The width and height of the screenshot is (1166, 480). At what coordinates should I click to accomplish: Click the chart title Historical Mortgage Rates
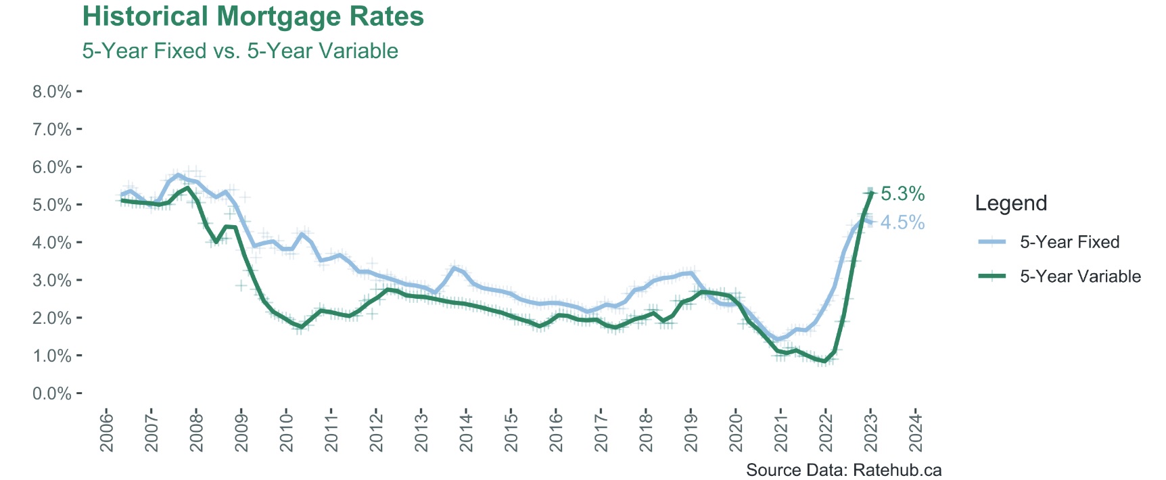(253, 17)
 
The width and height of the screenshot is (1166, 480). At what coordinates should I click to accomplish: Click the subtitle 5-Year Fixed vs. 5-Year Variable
(240, 51)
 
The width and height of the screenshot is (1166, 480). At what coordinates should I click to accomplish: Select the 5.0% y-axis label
(52, 205)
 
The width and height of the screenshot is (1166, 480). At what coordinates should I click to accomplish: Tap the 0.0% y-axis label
(52, 393)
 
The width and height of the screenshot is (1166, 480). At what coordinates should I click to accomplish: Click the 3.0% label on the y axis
(52, 281)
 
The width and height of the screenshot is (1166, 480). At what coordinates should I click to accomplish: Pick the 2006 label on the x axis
(107, 430)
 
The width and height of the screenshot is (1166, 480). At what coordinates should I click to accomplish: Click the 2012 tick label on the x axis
(376, 430)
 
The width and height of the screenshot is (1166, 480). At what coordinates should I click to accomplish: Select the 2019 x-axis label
(691, 430)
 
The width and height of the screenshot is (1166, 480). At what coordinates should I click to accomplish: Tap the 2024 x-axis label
(916, 430)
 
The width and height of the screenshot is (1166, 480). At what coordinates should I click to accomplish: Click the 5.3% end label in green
(902, 194)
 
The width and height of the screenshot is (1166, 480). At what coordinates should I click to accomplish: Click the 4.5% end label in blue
(902, 222)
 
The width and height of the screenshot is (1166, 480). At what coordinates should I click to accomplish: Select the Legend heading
(1010, 203)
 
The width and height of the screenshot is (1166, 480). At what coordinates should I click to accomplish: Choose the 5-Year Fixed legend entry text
(1069, 242)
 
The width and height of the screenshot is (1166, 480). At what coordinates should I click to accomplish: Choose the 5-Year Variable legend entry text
(1080, 277)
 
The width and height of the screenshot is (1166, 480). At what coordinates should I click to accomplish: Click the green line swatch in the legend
(992, 277)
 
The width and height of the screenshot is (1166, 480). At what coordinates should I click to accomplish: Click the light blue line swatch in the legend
(992, 242)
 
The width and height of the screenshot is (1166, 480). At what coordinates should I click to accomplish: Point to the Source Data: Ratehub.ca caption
(843, 470)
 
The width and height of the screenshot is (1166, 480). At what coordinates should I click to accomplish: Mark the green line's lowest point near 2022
(824, 362)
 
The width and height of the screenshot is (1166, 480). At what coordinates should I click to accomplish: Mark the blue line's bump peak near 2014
(454, 268)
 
